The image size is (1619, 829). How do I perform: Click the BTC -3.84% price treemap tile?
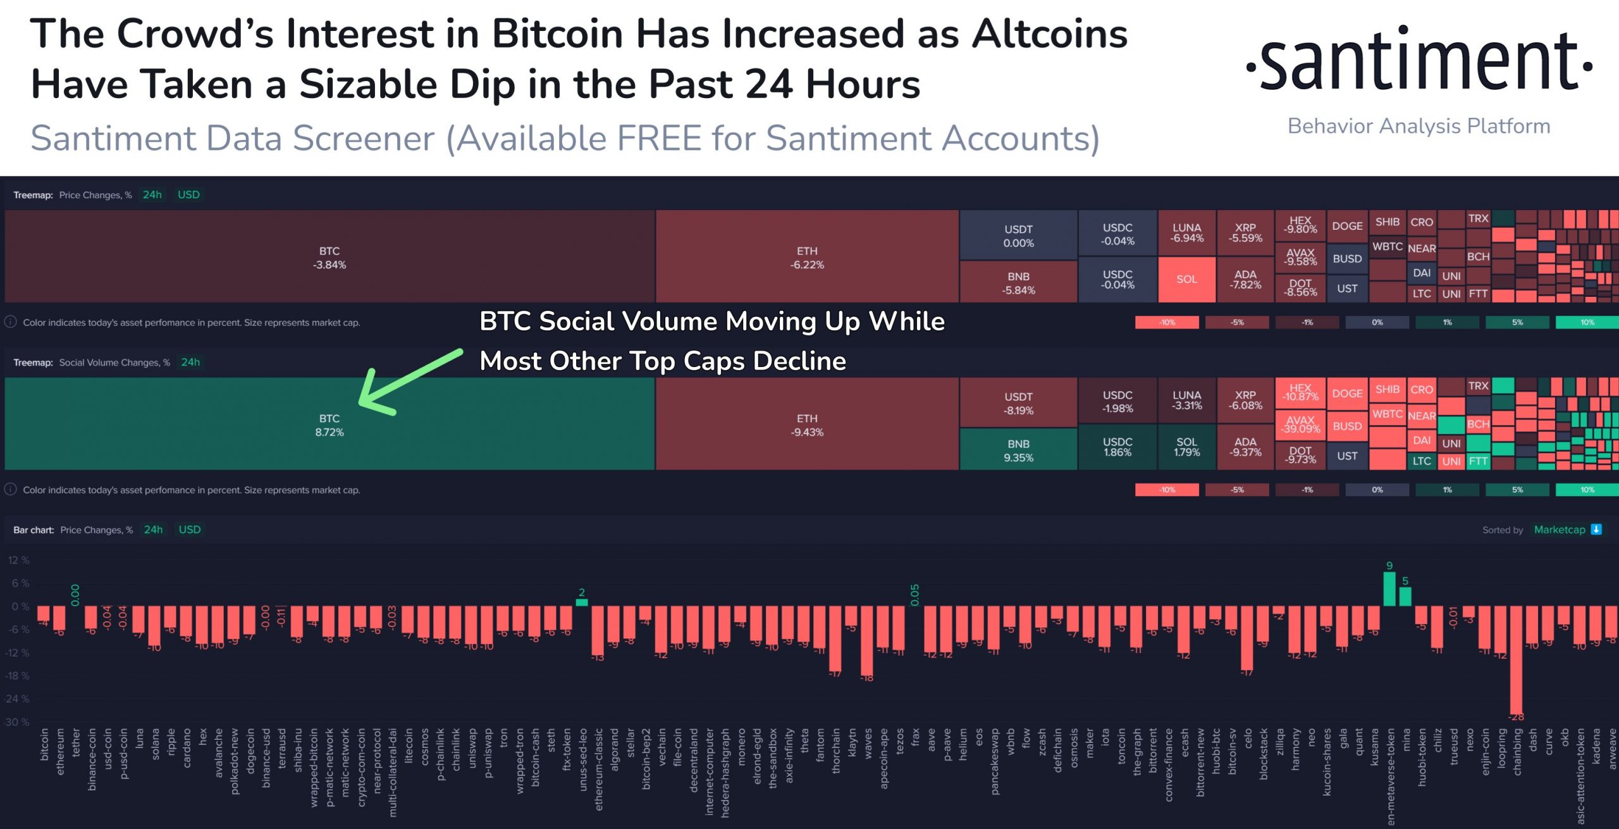[329, 257]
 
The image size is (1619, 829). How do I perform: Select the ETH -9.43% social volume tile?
[807, 425]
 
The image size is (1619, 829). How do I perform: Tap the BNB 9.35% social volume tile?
[1018, 450]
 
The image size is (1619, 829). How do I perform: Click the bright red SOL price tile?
[1186, 279]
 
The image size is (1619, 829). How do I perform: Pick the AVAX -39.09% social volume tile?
[1300, 424]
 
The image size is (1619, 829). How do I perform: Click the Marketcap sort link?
[1560, 530]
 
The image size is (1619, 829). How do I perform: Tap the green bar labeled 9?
[1389, 589]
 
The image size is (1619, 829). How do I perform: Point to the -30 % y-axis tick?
[17, 722]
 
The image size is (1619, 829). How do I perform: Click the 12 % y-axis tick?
[18, 560]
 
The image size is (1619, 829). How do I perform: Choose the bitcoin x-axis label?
[44, 744]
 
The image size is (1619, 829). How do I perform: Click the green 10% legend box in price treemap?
[1587, 323]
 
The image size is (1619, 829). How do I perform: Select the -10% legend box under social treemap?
[1167, 490]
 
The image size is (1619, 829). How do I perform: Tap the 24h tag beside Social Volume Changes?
[190, 362]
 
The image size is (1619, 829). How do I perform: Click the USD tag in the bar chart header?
[190, 530]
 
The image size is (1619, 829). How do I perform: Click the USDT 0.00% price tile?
[1018, 235]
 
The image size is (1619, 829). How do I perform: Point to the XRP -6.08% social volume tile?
[1245, 400]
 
